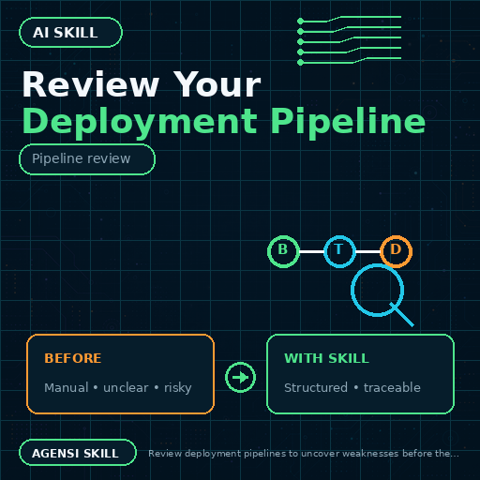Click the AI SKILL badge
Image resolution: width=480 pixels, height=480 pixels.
(x=70, y=32)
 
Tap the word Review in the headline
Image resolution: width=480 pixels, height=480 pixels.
(x=91, y=84)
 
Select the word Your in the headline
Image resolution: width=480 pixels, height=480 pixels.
(x=217, y=84)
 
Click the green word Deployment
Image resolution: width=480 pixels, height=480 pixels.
(x=140, y=122)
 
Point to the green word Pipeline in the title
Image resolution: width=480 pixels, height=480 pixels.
(x=348, y=122)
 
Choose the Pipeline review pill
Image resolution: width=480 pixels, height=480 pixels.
(x=87, y=159)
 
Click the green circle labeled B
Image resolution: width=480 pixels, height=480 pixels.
(x=283, y=251)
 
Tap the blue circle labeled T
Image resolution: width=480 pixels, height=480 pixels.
(x=339, y=251)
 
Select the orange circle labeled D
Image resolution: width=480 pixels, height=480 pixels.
(x=396, y=251)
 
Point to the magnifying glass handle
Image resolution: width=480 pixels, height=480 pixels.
(x=402, y=315)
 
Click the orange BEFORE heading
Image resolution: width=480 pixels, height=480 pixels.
(x=73, y=358)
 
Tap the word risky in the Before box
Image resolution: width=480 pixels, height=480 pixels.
(x=178, y=388)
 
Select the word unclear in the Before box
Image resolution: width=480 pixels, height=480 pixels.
(x=126, y=388)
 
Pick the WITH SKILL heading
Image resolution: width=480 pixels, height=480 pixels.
(x=326, y=358)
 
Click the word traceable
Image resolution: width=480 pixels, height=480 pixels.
(x=392, y=387)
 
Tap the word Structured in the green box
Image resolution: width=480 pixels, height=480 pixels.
(x=316, y=387)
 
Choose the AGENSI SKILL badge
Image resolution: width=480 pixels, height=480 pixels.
(x=78, y=453)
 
